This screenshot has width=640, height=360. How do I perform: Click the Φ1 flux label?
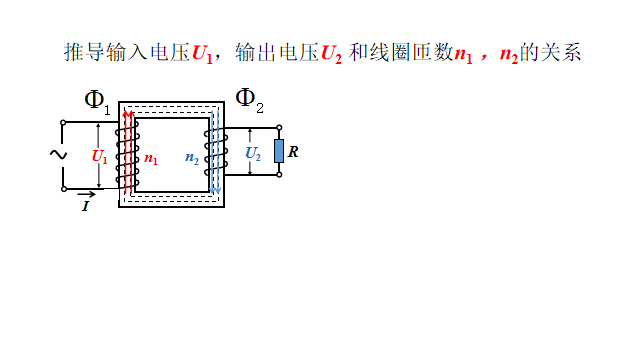click(x=96, y=99)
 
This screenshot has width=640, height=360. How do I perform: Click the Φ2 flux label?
click(x=249, y=98)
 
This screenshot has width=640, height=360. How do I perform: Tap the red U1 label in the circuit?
click(x=98, y=156)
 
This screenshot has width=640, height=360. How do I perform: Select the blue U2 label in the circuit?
click(x=253, y=155)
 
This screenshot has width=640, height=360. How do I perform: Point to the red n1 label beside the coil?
click(x=150, y=158)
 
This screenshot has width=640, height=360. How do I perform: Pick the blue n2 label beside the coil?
click(x=192, y=158)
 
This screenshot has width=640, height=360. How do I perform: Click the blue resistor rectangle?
click(x=278, y=151)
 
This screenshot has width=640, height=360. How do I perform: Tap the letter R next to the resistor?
click(x=293, y=152)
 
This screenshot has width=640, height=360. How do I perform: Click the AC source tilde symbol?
click(x=58, y=154)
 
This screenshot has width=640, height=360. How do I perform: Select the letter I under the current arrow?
click(x=86, y=206)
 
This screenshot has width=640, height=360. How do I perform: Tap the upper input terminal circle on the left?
click(x=64, y=123)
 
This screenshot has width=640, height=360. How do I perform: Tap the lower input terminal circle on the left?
click(x=64, y=188)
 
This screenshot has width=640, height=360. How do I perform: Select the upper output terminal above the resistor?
click(x=278, y=128)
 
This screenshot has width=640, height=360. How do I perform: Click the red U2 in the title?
click(x=332, y=52)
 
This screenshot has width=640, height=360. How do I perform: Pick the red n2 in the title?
click(x=510, y=52)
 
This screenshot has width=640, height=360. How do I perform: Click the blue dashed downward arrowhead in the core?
click(x=216, y=190)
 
